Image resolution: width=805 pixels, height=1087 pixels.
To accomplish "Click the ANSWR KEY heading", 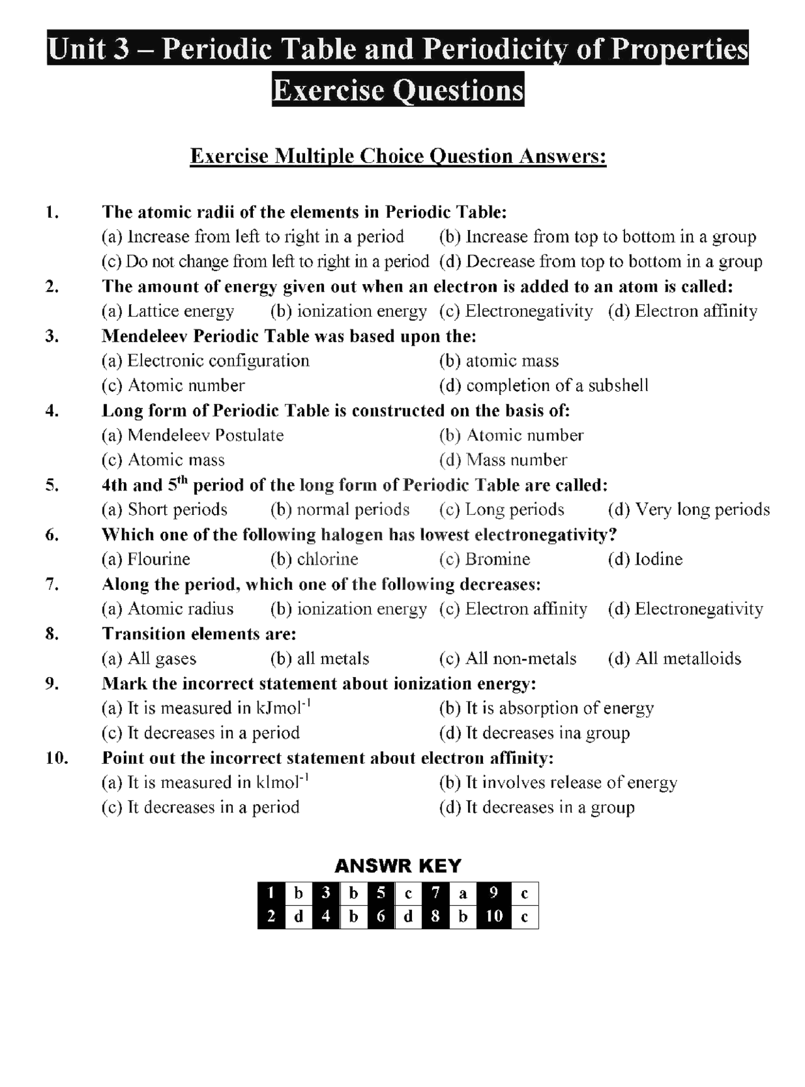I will pos(397,866).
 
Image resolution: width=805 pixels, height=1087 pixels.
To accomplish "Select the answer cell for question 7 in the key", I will pos(463,893).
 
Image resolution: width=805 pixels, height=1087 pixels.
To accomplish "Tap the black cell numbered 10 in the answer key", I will pos(494,917).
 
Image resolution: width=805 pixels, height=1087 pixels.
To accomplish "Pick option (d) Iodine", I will pos(645,559).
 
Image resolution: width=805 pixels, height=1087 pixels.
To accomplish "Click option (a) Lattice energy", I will pos(168,311).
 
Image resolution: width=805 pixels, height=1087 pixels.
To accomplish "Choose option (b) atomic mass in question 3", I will pos(499,361).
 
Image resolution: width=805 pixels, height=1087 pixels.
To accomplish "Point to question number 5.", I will pos(52,485).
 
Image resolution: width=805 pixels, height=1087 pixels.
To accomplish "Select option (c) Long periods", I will pos(501,509).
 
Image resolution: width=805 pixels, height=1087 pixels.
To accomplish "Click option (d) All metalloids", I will pos(674,658).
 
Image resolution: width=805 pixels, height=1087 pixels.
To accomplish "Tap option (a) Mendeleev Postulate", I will pos(192,435).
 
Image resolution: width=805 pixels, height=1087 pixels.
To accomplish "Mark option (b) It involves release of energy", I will pos(558,783).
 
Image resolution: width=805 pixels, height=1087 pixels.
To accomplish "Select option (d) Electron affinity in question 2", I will pos(682,311).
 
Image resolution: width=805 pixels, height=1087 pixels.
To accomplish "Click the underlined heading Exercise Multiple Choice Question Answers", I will pos(398,156).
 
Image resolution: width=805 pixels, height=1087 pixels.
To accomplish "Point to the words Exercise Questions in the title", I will pos(398,89).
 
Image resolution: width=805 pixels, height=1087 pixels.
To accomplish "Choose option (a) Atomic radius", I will pos(167,609).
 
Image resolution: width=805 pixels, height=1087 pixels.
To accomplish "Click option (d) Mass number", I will pos(503,460).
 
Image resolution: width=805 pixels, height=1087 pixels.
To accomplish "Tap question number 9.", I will pos(52,683).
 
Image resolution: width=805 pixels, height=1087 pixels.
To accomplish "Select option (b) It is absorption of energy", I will pos(547,708).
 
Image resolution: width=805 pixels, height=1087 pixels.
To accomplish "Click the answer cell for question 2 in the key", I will pos(299,917).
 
